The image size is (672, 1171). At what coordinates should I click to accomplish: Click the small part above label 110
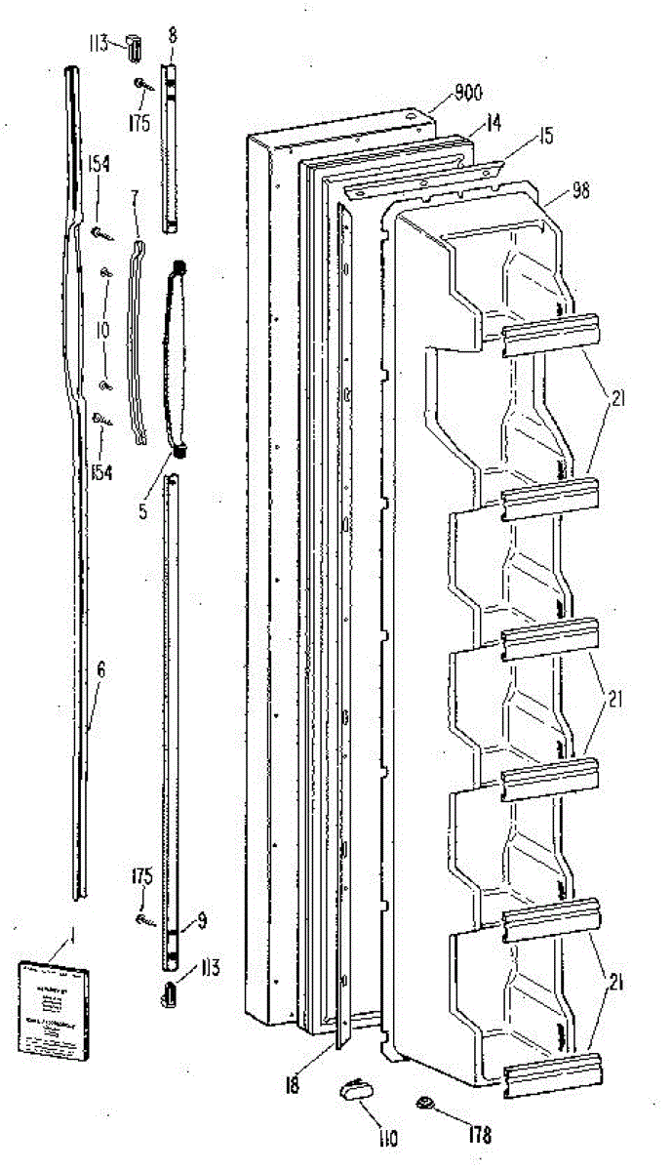(x=353, y=1090)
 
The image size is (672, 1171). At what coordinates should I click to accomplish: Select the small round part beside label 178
(x=426, y=1105)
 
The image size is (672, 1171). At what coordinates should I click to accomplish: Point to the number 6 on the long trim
(x=100, y=672)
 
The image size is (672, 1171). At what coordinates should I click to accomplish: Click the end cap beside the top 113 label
(x=134, y=46)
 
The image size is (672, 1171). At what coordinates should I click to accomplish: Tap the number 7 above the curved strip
(x=135, y=198)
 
